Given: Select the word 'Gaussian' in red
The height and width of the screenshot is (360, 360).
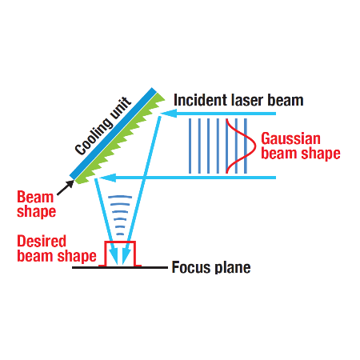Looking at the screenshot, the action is [x=290, y=138].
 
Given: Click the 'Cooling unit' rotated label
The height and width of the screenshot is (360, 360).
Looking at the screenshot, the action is [x=103, y=126].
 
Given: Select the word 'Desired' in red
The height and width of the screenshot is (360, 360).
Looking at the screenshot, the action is [x=42, y=241].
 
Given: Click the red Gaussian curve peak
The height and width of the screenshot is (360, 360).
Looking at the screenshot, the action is [x=254, y=146].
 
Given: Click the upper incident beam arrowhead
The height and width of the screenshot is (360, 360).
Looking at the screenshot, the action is [x=168, y=114].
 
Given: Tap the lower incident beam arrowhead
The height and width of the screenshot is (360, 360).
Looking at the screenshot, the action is [x=107, y=178].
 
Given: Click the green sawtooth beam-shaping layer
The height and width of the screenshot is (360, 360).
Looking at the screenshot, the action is [x=120, y=138].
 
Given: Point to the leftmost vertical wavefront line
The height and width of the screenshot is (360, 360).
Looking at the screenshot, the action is [x=190, y=146].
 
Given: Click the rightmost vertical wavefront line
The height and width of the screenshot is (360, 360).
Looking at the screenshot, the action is [x=246, y=146].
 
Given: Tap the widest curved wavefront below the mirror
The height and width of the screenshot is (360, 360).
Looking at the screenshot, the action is [x=120, y=197].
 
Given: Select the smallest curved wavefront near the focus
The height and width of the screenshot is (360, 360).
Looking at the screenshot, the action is [x=120, y=234].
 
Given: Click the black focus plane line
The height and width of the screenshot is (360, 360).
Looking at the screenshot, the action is [x=120, y=267].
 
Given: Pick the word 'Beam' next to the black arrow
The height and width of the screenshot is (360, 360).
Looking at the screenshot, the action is [x=35, y=198].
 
